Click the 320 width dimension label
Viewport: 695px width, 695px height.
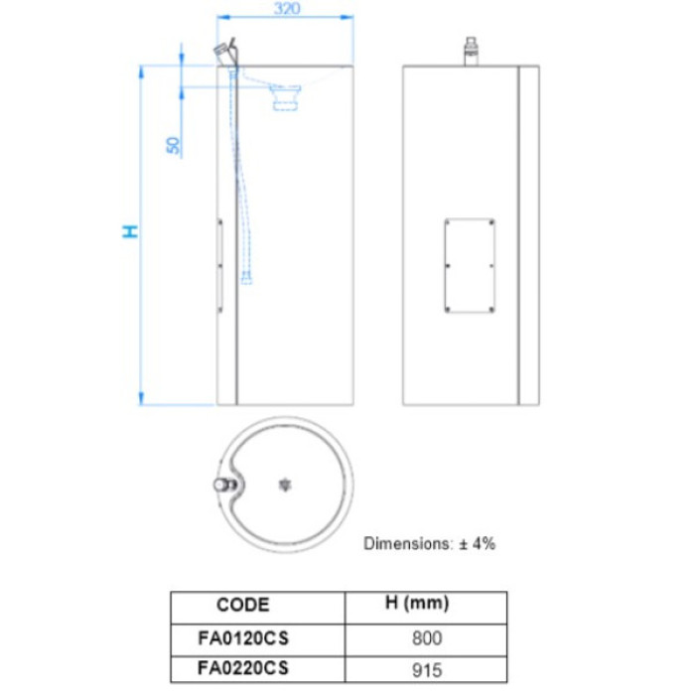(x=287, y=8)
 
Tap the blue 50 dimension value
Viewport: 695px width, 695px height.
(x=174, y=145)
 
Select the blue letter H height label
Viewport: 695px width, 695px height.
(x=130, y=231)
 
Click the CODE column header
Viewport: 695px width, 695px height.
(x=243, y=605)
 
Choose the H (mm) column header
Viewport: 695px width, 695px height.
(x=417, y=603)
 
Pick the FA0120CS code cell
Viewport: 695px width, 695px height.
(x=243, y=638)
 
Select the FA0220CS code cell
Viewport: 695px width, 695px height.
(x=243, y=668)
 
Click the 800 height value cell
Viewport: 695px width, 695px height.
(x=427, y=638)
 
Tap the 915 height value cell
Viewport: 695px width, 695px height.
(x=427, y=670)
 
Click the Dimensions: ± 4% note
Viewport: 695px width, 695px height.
(x=429, y=543)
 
